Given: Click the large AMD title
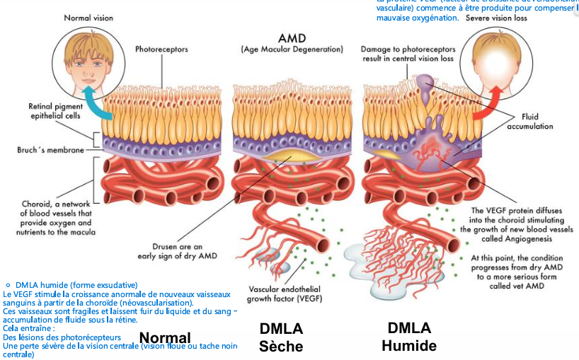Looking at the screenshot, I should (x=292, y=37).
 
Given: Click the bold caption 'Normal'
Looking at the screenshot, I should (x=165, y=338).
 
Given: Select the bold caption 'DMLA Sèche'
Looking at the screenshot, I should (x=281, y=337).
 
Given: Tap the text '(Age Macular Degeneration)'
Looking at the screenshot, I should (x=292, y=50).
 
